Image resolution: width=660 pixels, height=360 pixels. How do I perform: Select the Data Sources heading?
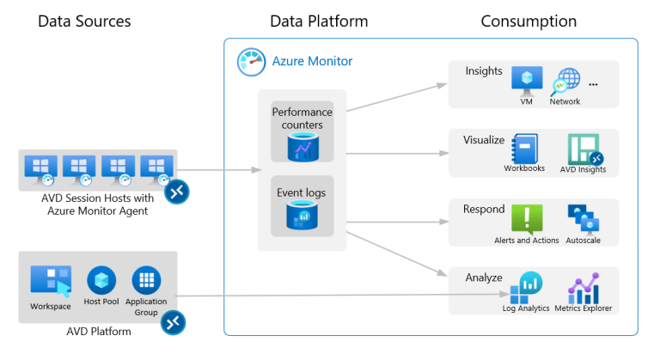click(84, 21)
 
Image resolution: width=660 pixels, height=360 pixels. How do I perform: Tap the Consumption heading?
click(529, 21)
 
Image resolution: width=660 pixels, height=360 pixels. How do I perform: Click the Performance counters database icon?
click(297, 148)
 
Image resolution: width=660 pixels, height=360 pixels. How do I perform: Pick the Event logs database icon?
click(297, 217)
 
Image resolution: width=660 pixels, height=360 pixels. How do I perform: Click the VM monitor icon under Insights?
click(526, 80)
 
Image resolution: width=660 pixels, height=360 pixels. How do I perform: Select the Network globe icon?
click(565, 82)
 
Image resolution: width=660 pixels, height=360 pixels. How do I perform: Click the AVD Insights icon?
click(584, 148)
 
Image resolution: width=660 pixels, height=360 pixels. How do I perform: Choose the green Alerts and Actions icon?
click(527, 218)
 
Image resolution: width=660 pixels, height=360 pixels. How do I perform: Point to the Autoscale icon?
click(584, 218)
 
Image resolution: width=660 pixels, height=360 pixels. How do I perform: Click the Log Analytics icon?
click(526, 286)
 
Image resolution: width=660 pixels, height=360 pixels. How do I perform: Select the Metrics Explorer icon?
click(584, 286)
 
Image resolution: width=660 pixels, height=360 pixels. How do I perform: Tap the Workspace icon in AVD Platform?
click(50, 281)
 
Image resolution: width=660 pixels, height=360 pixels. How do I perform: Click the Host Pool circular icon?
click(101, 280)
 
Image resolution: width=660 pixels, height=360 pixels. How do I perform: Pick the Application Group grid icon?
click(146, 280)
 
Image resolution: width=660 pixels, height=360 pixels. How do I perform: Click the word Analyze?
click(484, 278)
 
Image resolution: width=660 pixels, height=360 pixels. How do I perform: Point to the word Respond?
click(484, 209)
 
